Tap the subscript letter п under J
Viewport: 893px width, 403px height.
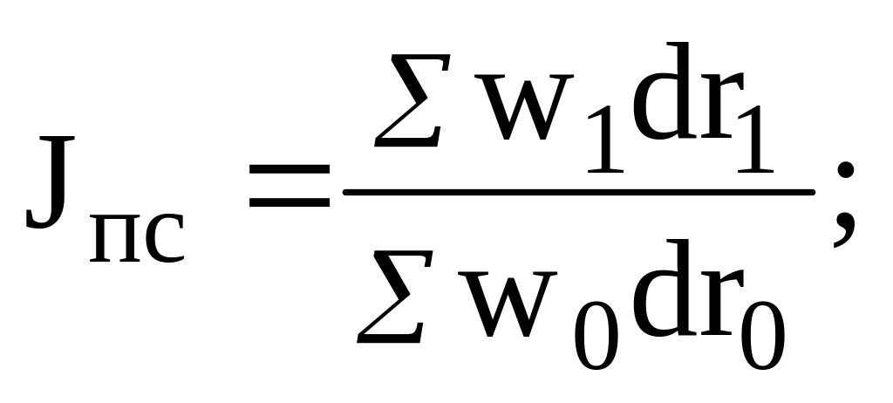click(114, 238)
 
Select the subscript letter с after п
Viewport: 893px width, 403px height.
click(165, 239)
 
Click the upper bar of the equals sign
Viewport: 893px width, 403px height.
click(290, 169)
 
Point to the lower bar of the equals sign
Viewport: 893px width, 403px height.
click(290, 202)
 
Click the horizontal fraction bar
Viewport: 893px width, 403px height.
click(579, 193)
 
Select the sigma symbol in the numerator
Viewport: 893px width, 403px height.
click(412, 100)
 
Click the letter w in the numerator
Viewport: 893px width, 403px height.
click(523, 106)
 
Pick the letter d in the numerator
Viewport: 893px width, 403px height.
click(664, 91)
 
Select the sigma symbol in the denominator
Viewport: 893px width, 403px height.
click(395, 297)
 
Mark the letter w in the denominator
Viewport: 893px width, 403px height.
click(507, 304)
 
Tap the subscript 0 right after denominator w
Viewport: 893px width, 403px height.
click(596, 336)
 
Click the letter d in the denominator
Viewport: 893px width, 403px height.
click(664, 287)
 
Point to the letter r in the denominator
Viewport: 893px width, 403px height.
click(722, 302)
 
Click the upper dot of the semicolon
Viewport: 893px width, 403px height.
click(846, 169)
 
